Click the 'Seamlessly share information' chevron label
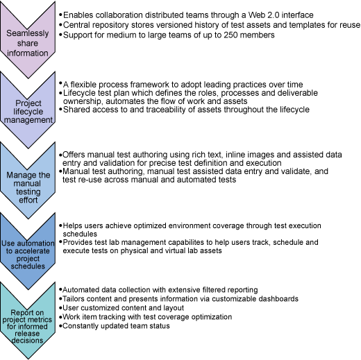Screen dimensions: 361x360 [x=28, y=43]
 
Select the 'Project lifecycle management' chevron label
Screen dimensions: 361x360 [x=28, y=112]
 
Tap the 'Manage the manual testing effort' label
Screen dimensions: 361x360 [x=28, y=187]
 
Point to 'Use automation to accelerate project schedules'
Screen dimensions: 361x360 [x=28, y=255]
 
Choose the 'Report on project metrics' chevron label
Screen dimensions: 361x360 [x=27, y=327]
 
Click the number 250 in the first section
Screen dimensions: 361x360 [x=231, y=35]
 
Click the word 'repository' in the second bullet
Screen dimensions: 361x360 [x=109, y=25]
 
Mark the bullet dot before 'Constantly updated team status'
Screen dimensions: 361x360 [x=60, y=326]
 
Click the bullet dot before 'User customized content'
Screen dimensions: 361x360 [x=60, y=308]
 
